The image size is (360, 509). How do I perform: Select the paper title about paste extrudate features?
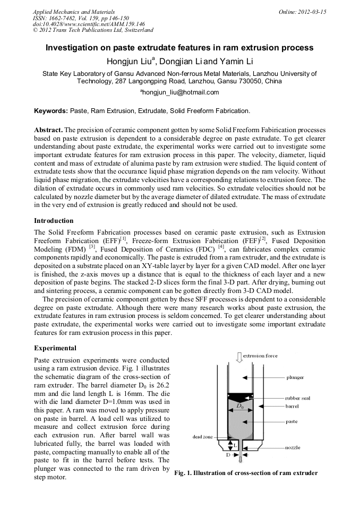(x=179, y=48)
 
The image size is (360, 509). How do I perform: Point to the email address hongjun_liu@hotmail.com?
(x=180, y=92)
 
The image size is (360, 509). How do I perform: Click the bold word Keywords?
(x=51, y=111)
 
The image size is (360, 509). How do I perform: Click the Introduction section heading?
(x=54, y=220)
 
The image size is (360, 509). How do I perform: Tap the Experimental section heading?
(x=55, y=348)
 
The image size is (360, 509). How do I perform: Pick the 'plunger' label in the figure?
(x=295, y=377)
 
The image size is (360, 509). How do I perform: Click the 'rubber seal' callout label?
(x=297, y=398)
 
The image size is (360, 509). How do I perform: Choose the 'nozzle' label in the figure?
(x=293, y=447)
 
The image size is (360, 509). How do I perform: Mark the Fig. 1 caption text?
(x=246, y=473)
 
